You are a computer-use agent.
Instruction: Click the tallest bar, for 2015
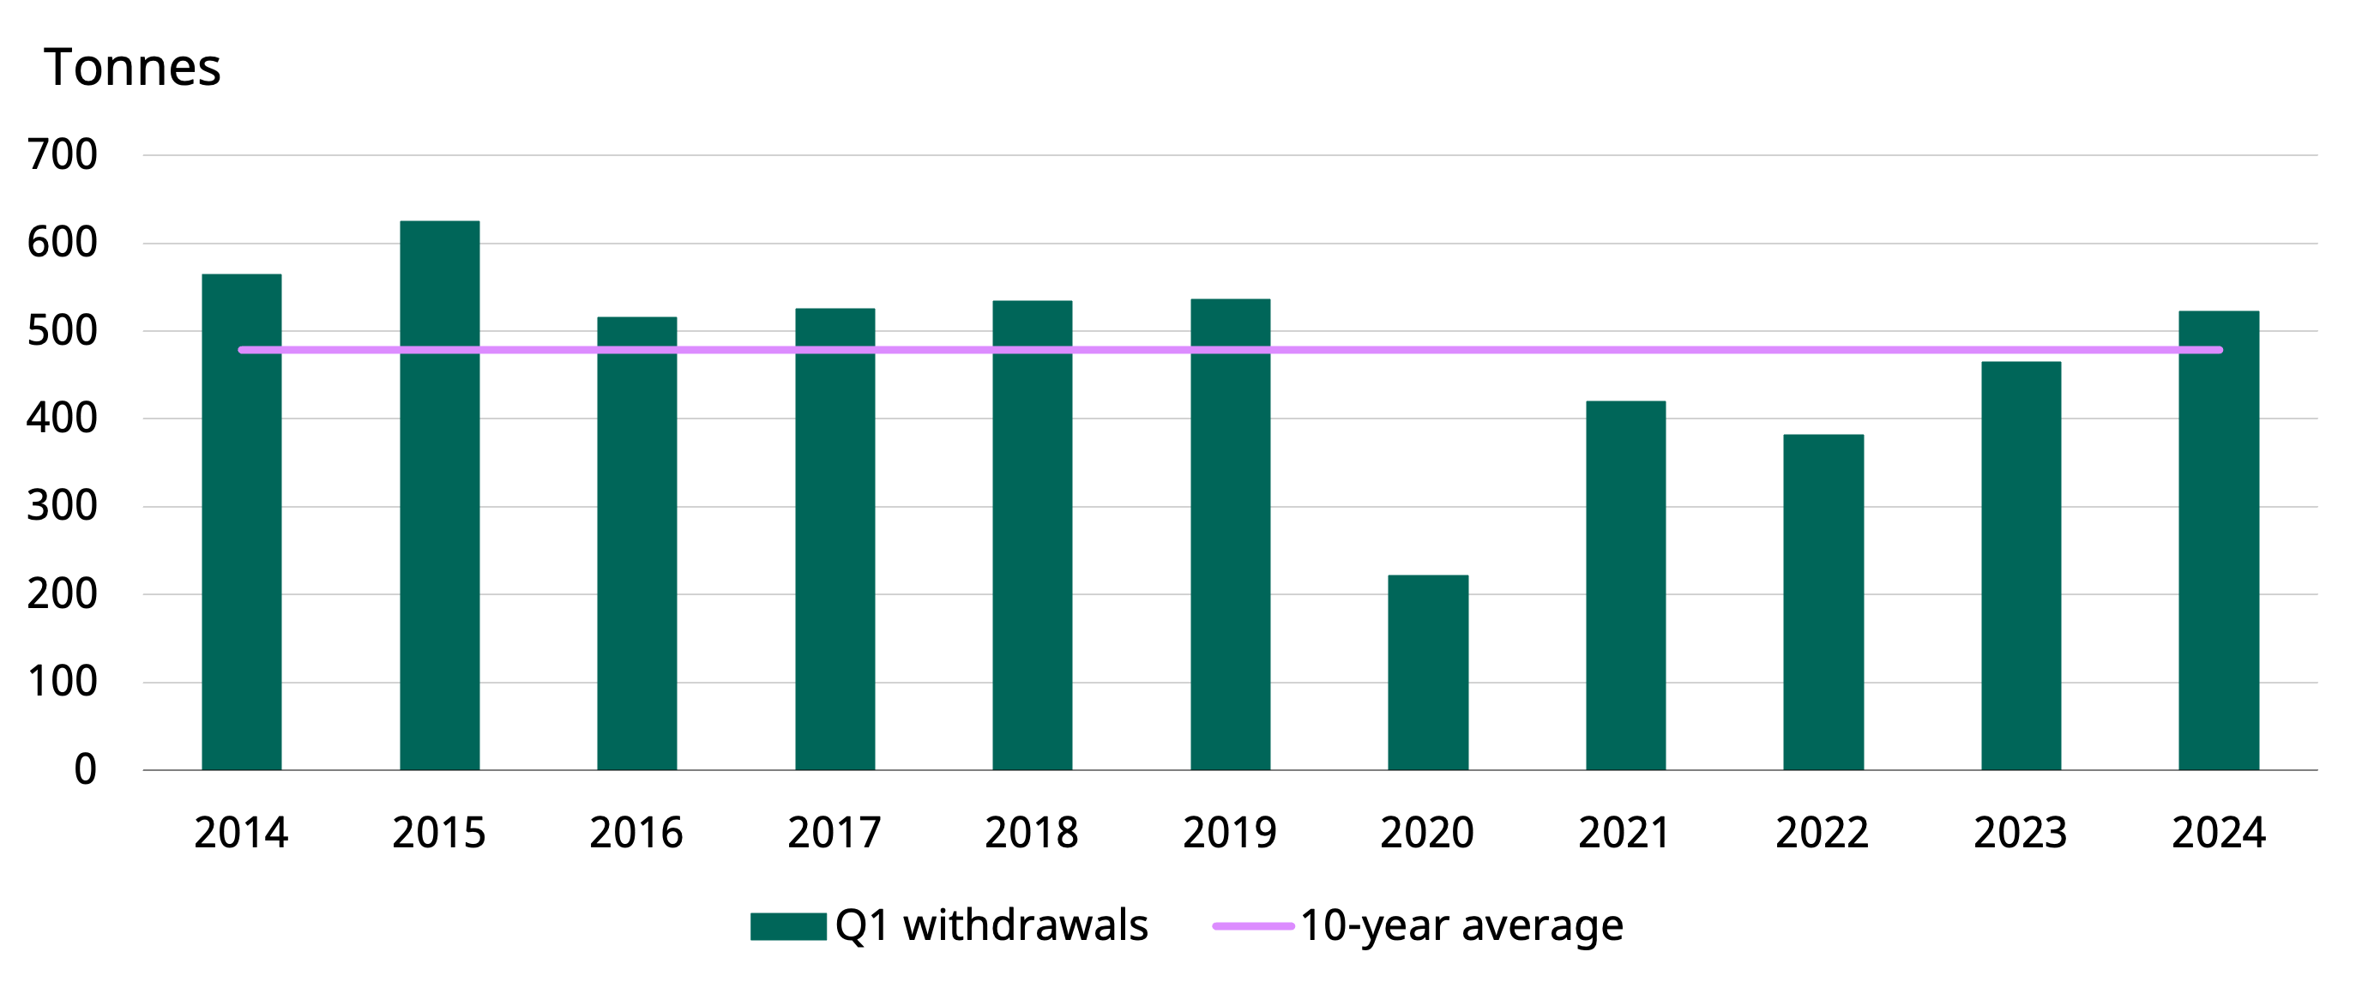tap(439, 495)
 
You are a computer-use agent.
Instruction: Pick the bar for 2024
tap(2218, 541)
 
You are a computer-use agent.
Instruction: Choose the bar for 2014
tap(241, 521)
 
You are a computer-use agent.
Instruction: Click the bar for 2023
tap(2021, 566)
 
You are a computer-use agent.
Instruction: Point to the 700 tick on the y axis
tap(63, 155)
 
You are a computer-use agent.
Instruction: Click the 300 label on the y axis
tap(63, 506)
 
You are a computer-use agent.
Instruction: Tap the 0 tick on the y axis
tap(85, 770)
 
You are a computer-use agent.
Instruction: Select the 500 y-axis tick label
tap(63, 331)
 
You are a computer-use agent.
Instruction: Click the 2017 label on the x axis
tap(835, 833)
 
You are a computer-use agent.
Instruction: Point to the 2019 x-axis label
tap(1230, 833)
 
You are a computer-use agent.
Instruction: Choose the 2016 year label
tap(636, 833)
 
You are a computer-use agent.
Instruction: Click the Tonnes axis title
tap(133, 68)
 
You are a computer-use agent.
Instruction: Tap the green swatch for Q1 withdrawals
tap(787, 926)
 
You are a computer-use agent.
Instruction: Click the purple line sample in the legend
tap(1252, 926)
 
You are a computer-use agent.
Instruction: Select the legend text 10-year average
tap(1461, 925)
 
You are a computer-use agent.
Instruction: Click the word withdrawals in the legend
tap(1025, 925)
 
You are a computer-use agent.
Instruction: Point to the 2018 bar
tap(1032, 535)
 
